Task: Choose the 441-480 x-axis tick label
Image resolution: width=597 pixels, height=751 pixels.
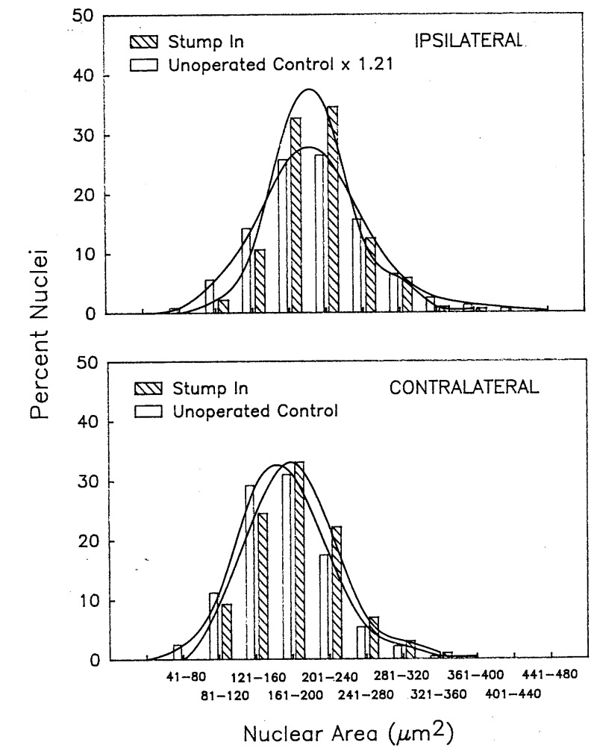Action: [x=551, y=676]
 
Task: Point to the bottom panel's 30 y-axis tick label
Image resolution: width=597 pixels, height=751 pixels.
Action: [x=85, y=482]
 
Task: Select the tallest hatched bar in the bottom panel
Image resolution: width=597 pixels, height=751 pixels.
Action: [x=298, y=561]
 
